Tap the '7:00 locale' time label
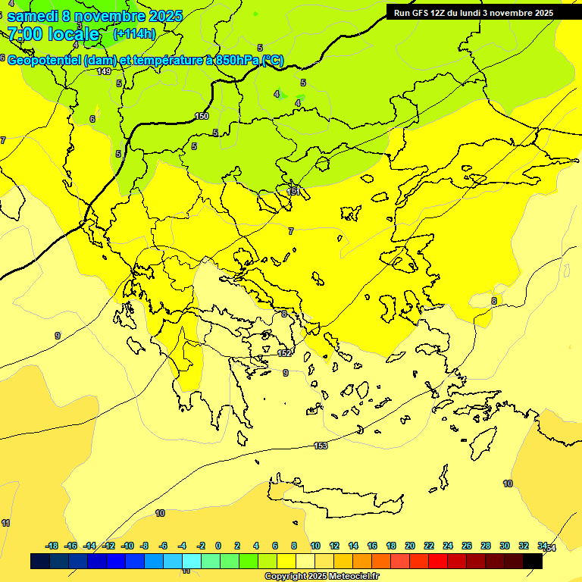point(53,34)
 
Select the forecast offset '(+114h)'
point(134,34)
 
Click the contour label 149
point(104,71)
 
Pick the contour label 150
point(202,116)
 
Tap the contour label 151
point(293,192)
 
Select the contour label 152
point(284,353)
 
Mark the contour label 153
point(321,446)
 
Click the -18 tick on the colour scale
point(52,546)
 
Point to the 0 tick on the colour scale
point(218,546)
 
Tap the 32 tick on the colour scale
point(524,546)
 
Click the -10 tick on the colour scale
point(127,546)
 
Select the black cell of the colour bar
point(533,562)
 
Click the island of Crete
point(333,496)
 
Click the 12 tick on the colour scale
point(334,546)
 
